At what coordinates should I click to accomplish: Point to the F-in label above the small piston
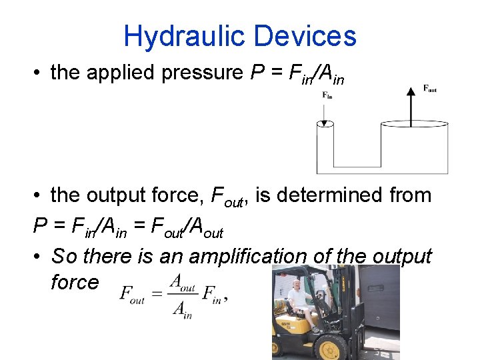point(327,95)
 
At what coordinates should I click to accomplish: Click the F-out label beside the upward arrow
point(430,88)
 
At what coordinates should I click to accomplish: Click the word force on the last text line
point(74,282)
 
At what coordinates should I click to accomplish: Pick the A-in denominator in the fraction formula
point(181,309)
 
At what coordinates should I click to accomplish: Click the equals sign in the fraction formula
point(156,294)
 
